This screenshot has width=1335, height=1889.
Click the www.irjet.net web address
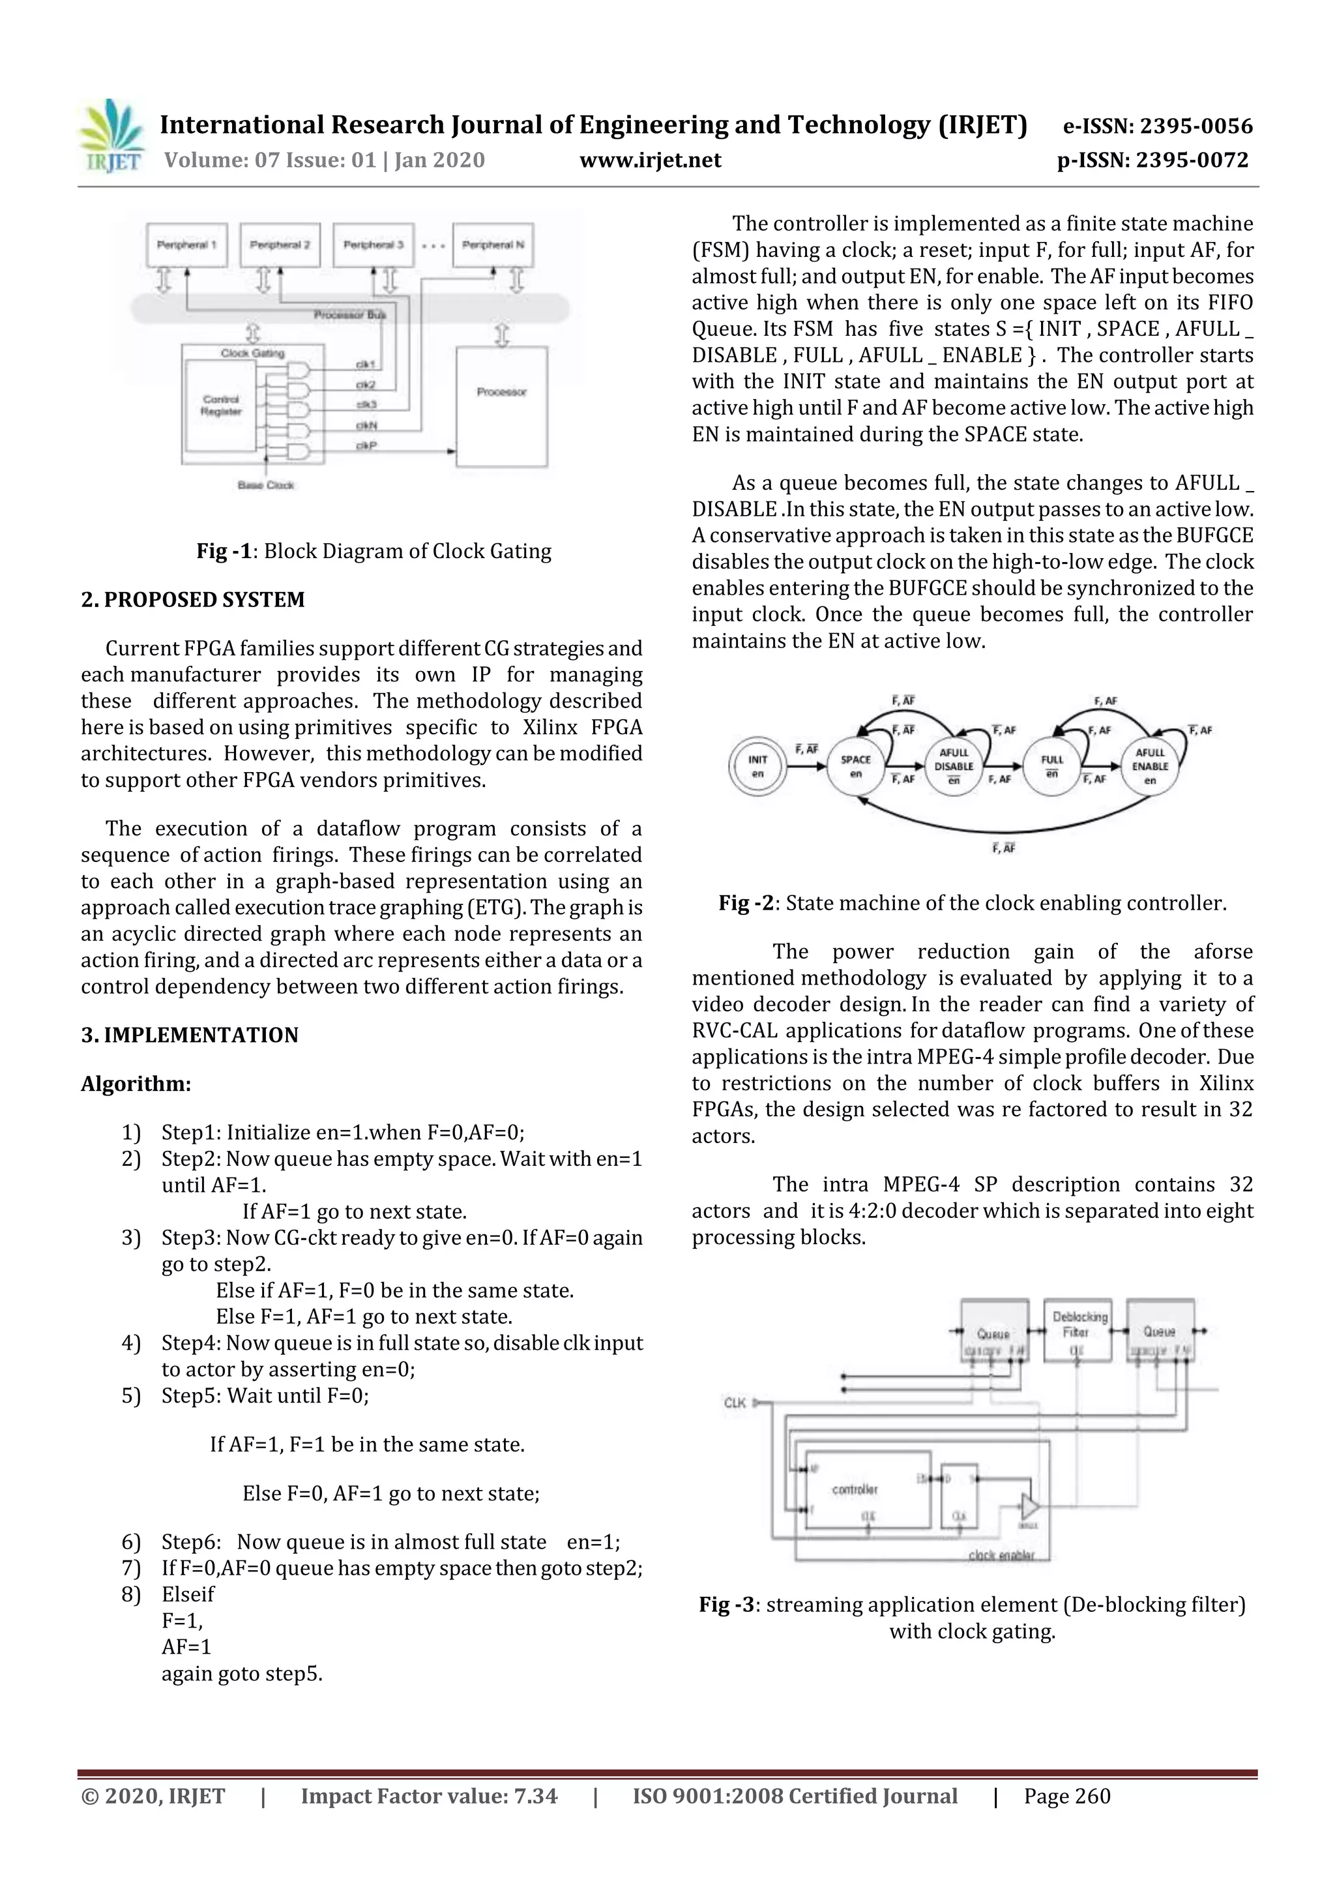click(x=650, y=160)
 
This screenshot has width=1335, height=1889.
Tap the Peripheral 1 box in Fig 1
click(x=186, y=245)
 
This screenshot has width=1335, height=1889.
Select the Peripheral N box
click(x=493, y=245)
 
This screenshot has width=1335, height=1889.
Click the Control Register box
click(x=221, y=406)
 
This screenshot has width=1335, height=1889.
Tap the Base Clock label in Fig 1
click(x=266, y=485)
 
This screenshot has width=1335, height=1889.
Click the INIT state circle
click(x=757, y=766)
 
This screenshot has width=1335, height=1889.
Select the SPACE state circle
click(x=855, y=766)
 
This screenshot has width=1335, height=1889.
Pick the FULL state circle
click(x=1052, y=766)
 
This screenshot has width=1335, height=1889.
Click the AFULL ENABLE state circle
click(x=1150, y=766)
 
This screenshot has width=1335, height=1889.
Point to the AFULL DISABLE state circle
click(x=954, y=766)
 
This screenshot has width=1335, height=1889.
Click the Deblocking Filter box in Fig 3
click(x=1077, y=1330)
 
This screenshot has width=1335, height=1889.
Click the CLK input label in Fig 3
click(x=735, y=1402)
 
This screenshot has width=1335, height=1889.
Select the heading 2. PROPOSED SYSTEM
click(x=192, y=600)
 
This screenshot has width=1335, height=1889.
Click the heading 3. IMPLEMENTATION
click(x=189, y=1035)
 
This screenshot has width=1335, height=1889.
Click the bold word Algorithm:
click(x=136, y=1084)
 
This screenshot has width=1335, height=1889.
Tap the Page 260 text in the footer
click(x=1067, y=1796)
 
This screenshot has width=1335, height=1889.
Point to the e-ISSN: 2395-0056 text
click(x=1157, y=126)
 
